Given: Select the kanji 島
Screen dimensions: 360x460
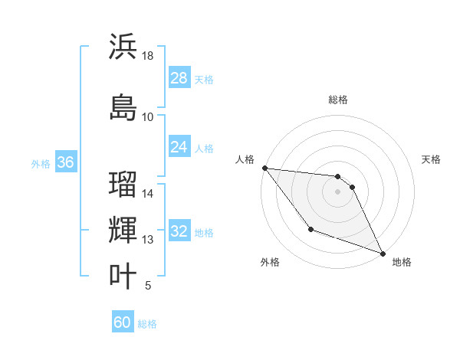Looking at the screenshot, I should click(123, 107).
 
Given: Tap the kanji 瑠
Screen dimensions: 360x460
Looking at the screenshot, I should click(123, 185).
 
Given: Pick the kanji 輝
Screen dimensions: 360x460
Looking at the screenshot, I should click(123, 231).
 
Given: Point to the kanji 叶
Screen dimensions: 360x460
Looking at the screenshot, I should click(123, 276).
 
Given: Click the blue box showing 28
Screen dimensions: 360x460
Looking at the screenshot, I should click(179, 78).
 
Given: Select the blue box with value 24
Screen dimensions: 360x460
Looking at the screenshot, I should click(179, 147).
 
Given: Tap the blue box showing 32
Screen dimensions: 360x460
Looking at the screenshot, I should click(179, 231).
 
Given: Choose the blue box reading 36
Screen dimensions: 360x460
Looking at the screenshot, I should click(65, 162).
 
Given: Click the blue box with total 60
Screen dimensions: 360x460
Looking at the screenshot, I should click(123, 322).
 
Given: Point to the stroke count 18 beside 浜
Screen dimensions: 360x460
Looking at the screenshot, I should click(148, 56).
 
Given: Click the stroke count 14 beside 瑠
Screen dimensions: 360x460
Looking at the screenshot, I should click(148, 194).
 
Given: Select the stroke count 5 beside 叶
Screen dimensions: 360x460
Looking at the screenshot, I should click(148, 286).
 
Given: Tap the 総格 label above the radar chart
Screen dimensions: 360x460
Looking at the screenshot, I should click(338, 100).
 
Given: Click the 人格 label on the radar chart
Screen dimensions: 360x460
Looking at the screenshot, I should click(245, 159).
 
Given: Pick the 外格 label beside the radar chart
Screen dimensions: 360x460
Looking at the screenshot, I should click(270, 262).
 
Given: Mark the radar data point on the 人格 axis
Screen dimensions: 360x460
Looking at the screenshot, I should click(264, 168).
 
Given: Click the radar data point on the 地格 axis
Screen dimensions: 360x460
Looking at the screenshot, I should click(383, 254).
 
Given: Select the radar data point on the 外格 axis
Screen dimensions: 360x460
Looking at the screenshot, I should click(310, 229).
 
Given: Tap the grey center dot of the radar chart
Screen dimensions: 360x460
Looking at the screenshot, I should click(338, 191).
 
